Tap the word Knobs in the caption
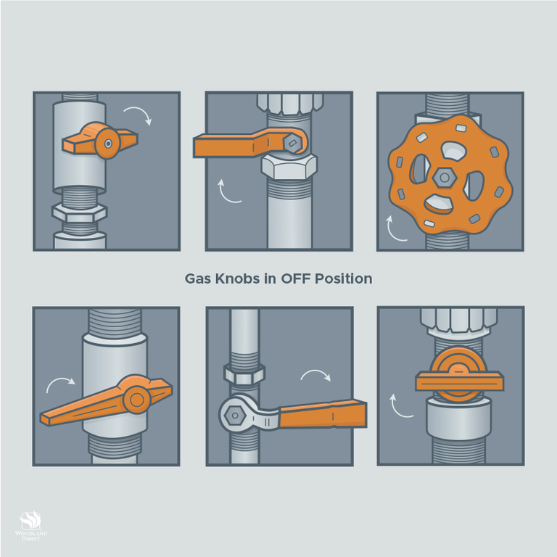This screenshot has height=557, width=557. (237, 278)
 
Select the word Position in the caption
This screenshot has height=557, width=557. (344, 278)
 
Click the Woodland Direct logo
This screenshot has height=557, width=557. (31, 526)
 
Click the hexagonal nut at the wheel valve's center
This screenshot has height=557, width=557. (444, 177)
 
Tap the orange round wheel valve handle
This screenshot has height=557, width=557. (450, 174)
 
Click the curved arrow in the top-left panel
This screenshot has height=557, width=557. (139, 114)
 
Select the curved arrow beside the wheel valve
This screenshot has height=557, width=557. (393, 231)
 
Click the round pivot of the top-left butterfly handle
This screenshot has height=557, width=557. (108, 143)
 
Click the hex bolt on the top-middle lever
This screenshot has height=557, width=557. (292, 143)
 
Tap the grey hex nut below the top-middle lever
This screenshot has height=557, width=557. (289, 167)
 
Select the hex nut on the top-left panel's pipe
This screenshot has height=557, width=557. (80, 213)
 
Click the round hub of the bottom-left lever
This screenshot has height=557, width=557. (137, 400)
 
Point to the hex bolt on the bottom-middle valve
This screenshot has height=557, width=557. (234, 416)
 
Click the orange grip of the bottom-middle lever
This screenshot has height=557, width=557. (323, 414)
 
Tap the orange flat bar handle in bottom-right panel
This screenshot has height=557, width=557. (459, 381)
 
